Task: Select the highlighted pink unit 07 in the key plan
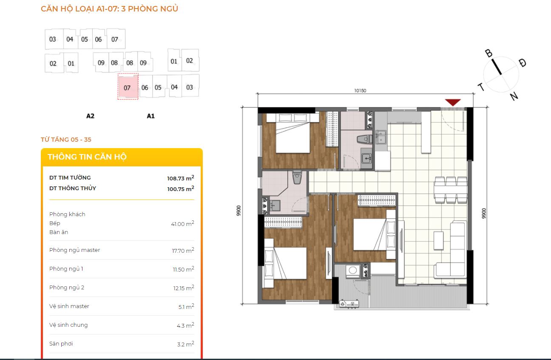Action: coord(128,86)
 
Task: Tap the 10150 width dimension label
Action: coord(360,91)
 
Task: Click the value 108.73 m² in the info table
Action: coord(181,178)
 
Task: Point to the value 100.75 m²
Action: coord(181,189)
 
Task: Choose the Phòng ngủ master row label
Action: coord(74,250)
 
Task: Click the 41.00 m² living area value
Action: coord(182,223)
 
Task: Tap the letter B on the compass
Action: coord(489,53)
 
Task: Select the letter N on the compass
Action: coord(514,96)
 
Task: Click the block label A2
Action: coord(90,116)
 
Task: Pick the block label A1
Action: coord(151,116)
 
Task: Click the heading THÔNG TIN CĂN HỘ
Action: coord(87,157)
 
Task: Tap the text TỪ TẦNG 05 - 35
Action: coord(66,140)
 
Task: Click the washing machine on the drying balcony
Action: coord(353,271)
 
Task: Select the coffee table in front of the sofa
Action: coord(439,240)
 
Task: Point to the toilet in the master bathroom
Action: coord(297,177)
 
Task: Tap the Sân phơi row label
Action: coord(61,343)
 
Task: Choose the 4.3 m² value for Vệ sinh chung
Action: coord(185,325)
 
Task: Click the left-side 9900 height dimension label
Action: coord(239,211)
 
